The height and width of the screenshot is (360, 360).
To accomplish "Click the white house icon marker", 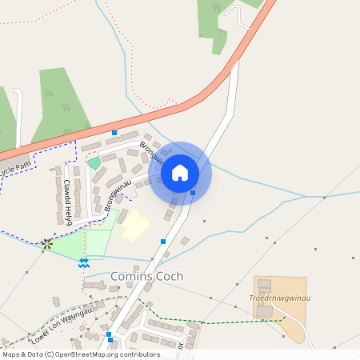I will [x=180, y=172].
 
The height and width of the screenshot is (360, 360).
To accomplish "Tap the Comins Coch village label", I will [x=146, y=276].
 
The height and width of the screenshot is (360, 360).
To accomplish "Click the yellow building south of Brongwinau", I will [x=134, y=225].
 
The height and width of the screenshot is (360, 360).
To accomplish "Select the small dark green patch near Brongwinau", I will [x=94, y=162].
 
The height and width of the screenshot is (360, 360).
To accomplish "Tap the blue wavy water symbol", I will [x=83, y=262].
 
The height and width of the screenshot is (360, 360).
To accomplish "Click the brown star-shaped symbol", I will [x=47, y=243].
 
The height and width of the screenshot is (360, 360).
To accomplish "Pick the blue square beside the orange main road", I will [x=114, y=132].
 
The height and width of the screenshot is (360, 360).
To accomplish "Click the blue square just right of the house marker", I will [x=193, y=192].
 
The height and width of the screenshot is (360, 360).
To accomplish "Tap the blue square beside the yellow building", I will [x=163, y=241].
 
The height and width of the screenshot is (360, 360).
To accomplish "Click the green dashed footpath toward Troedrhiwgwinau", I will [x=224, y=319].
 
